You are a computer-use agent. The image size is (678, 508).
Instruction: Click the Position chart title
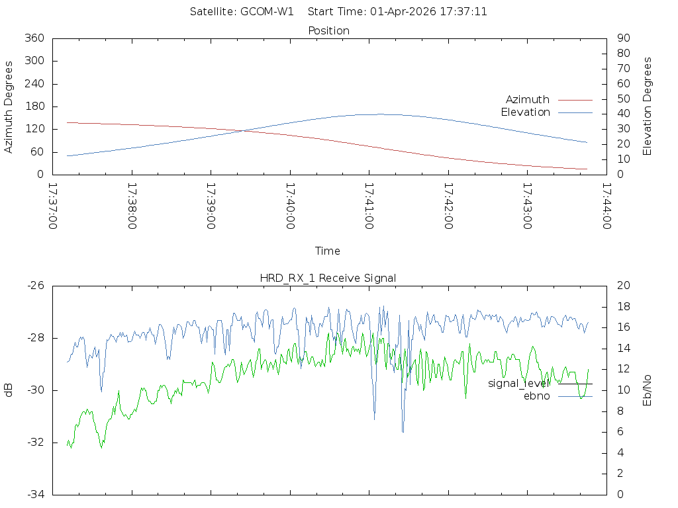point(329,30)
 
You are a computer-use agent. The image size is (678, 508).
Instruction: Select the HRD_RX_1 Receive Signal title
point(328,278)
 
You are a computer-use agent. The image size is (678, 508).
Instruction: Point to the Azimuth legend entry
point(528,99)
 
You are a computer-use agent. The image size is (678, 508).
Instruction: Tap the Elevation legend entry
point(525,112)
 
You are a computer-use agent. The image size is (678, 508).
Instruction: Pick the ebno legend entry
point(537,396)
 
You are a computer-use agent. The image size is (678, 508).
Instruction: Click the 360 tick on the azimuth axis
point(34,38)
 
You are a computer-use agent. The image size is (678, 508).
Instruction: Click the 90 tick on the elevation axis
point(622,38)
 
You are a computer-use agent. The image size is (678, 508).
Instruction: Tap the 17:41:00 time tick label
point(369,206)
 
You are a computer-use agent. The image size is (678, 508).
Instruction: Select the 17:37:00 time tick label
point(53,206)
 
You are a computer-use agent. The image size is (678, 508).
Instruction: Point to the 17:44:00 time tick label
point(606,206)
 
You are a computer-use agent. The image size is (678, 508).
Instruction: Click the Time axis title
point(328,251)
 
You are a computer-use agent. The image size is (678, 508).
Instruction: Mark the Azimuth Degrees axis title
point(9,106)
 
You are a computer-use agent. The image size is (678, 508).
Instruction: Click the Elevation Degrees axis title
point(648,106)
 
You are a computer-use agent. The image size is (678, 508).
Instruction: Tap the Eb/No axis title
point(648,390)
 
